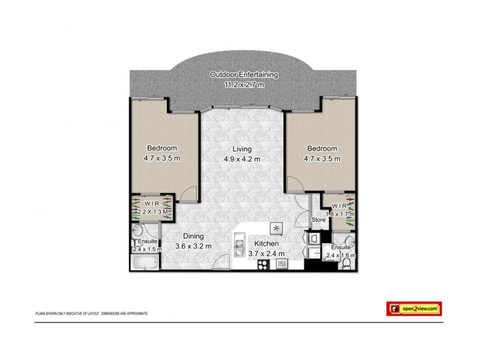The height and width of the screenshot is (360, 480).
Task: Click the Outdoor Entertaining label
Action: (x=244, y=74)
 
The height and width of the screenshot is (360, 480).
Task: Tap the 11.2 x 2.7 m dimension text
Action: (x=244, y=85)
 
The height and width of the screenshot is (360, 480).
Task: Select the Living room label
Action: (x=242, y=149)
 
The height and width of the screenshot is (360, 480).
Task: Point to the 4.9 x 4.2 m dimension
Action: (x=242, y=159)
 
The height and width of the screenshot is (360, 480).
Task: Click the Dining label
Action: (x=193, y=236)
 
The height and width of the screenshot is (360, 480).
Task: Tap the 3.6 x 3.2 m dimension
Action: (x=193, y=245)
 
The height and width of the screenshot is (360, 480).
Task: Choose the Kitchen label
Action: (x=266, y=244)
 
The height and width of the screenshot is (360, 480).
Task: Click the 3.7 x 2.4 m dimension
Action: (x=266, y=254)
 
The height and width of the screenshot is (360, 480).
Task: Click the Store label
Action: (x=318, y=220)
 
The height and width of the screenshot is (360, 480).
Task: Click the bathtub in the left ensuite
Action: (x=144, y=262)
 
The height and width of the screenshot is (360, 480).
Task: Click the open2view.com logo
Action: (x=413, y=308)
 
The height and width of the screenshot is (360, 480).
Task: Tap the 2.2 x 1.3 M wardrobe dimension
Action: (x=151, y=212)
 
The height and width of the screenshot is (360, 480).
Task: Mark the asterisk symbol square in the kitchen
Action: (x=277, y=228)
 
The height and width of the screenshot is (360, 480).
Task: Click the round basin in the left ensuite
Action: (x=138, y=230)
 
